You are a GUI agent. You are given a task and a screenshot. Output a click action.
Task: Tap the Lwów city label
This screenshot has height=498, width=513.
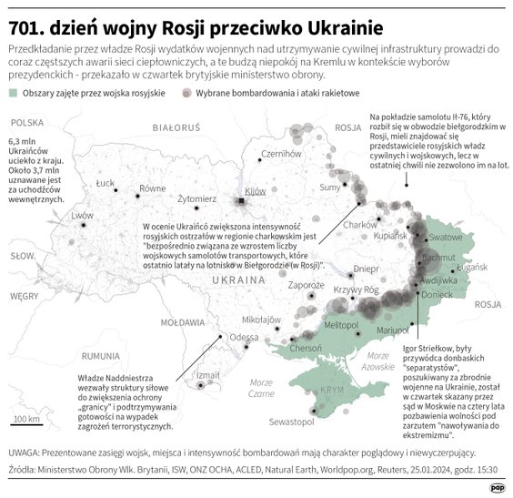(82, 216)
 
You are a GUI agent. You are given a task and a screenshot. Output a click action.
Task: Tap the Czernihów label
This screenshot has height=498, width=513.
(279, 154)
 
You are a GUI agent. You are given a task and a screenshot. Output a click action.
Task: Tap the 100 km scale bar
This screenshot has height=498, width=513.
(25, 422)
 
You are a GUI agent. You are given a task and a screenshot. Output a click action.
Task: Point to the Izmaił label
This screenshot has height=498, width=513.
(208, 374)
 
